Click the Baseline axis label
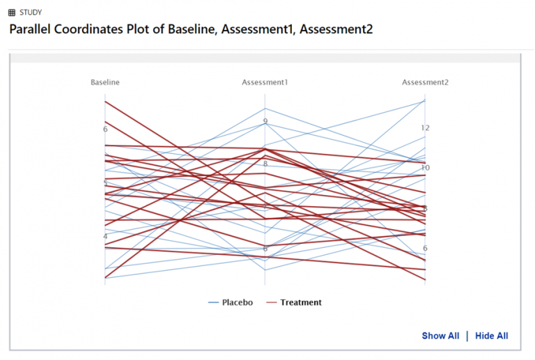click(x=105, y=82)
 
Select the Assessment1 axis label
click(x=265, y=82)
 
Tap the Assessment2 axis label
click(x=425, y=82)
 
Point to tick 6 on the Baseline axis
click(x=105, y=129)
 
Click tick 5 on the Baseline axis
click(x=105, y=183)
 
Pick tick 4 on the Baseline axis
click(x=105, y=237)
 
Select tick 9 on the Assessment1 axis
click(x=265, y=122)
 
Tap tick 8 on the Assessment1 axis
click(x=265, y=164)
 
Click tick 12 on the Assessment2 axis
click(x=425, y=128)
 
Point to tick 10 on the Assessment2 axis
click(x=425, y=168)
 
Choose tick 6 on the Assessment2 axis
click(x=425, y=249)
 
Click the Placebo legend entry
click(x=231, y=302)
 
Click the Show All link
click(x=440, y=336)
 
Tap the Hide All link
click(x=492, y=336)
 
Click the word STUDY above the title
click(x=31, y=13)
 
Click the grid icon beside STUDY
click(x=12, y=13)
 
